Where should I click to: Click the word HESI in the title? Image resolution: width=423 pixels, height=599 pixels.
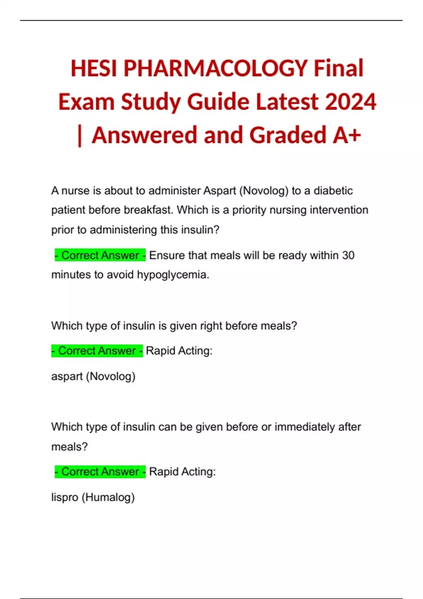[94, 68]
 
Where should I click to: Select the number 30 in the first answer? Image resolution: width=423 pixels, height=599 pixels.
[348, 255]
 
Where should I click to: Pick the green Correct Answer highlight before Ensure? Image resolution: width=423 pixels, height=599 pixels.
[100, 255]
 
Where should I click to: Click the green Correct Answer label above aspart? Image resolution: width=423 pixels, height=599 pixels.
[97, 351]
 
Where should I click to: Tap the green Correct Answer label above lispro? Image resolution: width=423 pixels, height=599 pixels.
[100, 471]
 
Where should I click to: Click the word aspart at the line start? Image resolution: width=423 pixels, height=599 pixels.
[67, 376]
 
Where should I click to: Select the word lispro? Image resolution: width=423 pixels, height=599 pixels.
[65, 498]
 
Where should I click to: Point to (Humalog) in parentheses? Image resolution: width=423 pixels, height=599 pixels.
[108, 498]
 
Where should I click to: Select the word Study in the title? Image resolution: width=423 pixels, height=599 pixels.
[151, 102]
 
